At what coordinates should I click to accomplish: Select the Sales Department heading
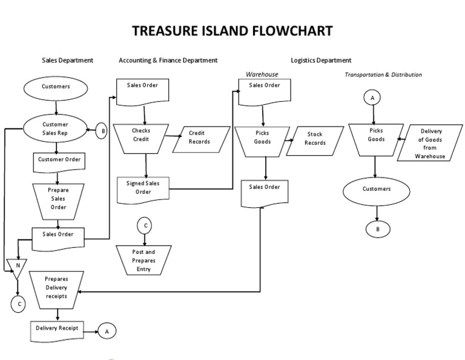(x=67, y=60)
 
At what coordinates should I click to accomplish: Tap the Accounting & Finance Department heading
(x=168, y=60)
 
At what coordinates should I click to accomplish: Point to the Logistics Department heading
(x=321, y=60)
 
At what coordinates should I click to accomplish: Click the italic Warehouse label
(x=262, y=74)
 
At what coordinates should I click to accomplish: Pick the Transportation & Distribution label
(x=383, y=75)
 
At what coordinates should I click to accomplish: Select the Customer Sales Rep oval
(x=56, y=128)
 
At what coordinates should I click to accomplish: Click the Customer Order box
(x=59, y=160)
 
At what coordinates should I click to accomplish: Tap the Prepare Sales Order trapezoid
(x=58, y=198)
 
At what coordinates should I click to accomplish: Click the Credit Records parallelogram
(x=200, y=137)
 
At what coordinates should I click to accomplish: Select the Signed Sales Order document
(x=143, y=187)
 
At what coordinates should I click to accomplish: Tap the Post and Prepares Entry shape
(x=143, y=260)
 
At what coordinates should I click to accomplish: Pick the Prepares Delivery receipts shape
(x=56, y=288)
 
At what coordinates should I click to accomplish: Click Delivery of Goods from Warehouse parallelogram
(x=429, y=144)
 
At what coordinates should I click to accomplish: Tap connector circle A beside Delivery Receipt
(x=107, y=331)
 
